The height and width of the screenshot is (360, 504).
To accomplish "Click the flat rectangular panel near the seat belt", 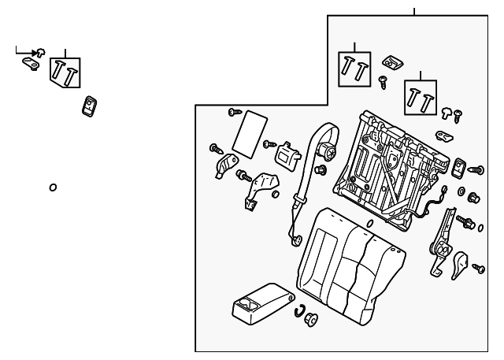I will (x=249, y=132).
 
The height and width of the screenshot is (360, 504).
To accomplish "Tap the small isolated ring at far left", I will (x=53, y=187).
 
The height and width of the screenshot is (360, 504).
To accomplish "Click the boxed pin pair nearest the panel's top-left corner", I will (x=354, y=69).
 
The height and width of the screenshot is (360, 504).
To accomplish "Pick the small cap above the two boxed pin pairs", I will (x=391, y=61).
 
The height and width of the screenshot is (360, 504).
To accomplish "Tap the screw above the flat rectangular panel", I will (x=234, y=112).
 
